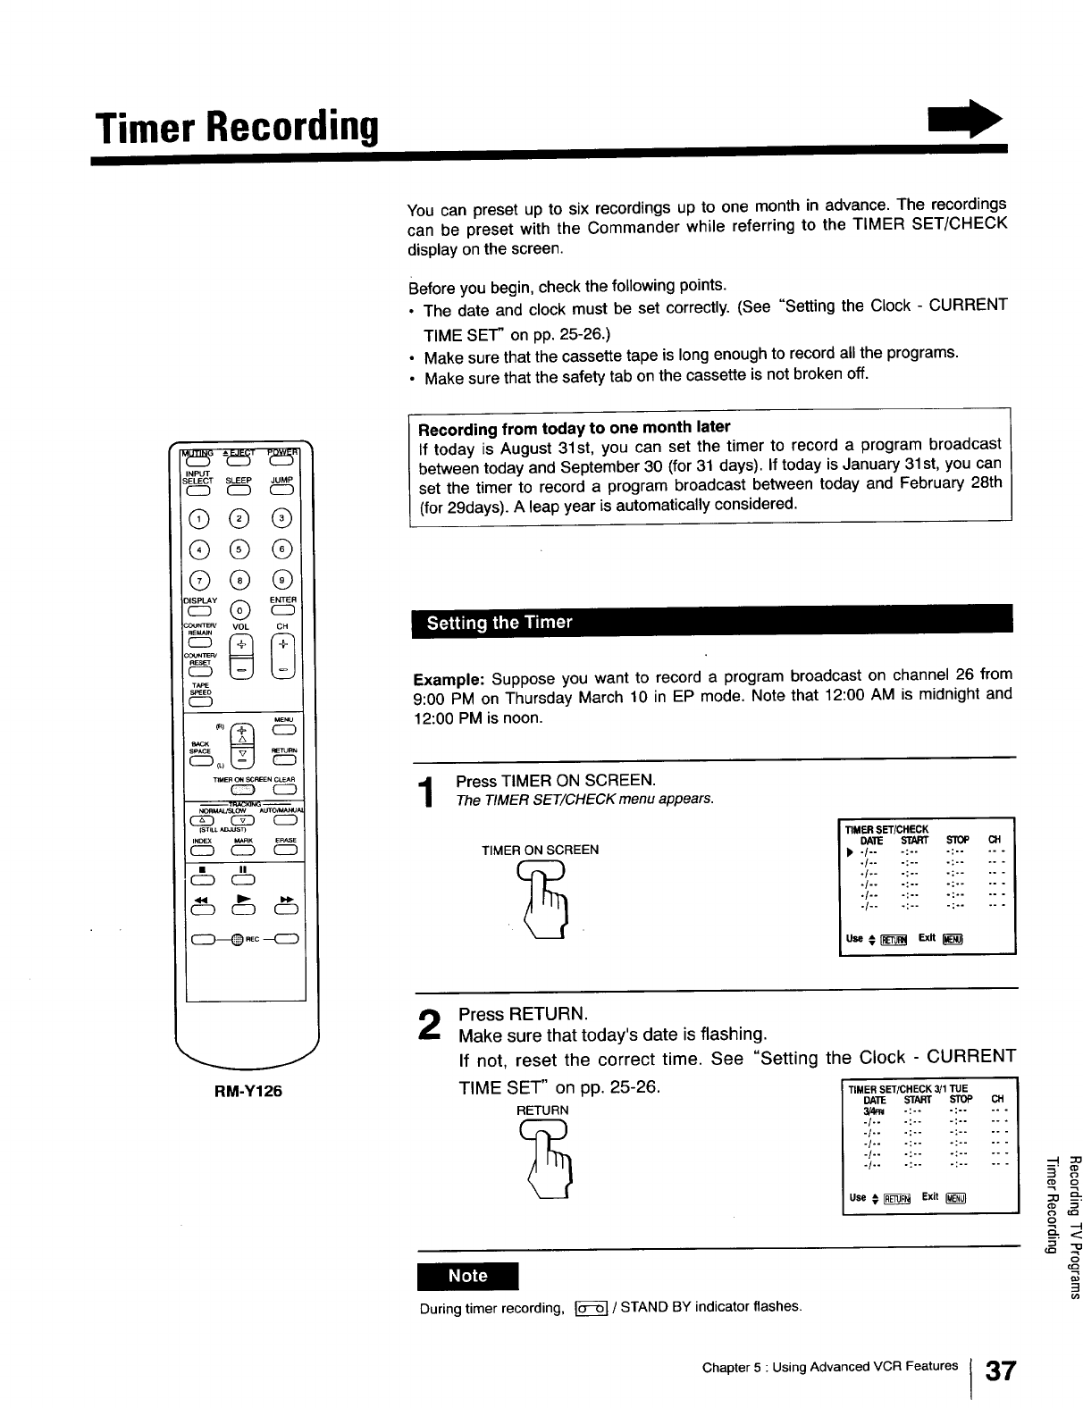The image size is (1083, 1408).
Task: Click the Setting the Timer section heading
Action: point(500,623)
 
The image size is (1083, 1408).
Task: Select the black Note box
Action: point(467,1276)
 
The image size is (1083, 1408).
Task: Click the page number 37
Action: point(1000,1371)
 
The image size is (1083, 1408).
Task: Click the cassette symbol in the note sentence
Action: point(591,1309)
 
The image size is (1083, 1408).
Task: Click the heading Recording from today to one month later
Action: point(574,426)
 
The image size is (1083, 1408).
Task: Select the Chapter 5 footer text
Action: point(829,1367)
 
